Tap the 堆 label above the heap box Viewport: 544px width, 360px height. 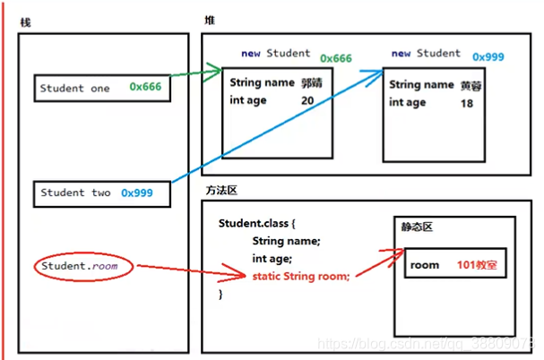(210, 19)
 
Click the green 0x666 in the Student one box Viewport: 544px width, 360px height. (145, 88)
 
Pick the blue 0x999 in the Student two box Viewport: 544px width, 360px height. (137, 193)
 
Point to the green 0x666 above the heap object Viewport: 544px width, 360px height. (336, 58)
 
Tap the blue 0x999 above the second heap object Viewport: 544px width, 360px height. (488, 56)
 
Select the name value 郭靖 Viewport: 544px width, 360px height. (311, 82)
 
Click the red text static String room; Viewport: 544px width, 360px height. (300, 275)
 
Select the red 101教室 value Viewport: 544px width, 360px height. (478, 265)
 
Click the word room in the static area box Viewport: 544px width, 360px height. (425, 265)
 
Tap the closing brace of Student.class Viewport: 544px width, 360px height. (220, 293)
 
